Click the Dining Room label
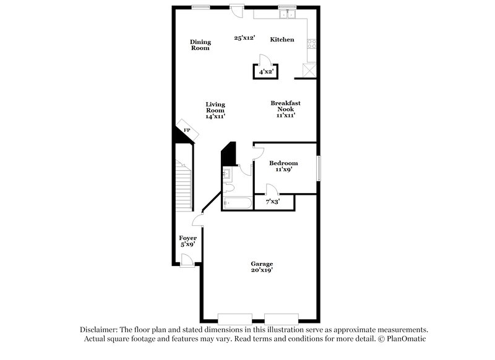200,45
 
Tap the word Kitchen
282,40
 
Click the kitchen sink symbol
286,14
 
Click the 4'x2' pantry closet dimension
265,72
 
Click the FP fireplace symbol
187,130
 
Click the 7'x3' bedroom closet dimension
272,202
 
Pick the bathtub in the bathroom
236,203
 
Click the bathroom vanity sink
226,173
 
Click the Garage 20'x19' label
262,267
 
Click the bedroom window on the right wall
319,168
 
